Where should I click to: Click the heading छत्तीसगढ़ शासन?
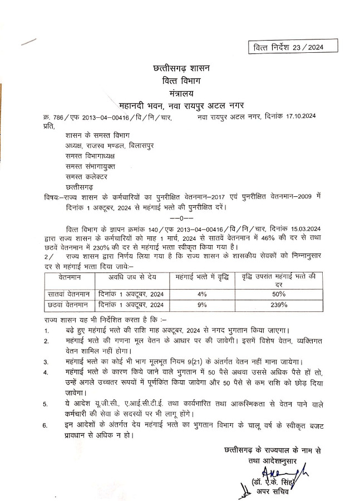point(180,69)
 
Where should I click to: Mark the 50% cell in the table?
point(279,293)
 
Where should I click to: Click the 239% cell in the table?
point(279,305)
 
